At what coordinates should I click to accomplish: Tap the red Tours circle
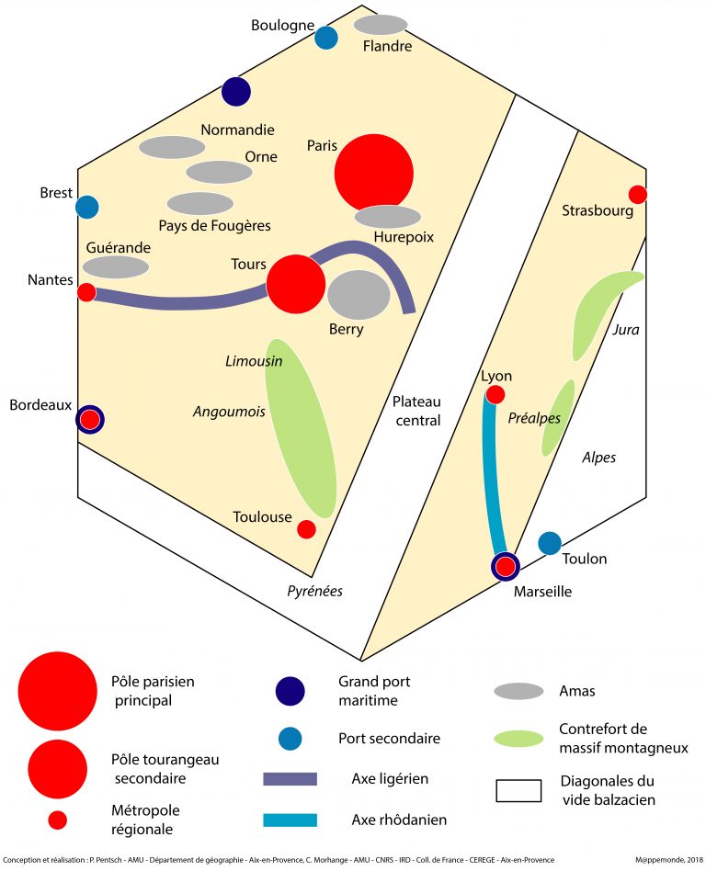coord(295,284)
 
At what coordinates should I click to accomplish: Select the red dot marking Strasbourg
coord(637,194)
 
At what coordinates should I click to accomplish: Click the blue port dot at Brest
coord(87,207)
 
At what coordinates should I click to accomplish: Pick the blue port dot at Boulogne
coord(325,38)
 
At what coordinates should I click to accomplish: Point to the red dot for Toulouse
coord(307,529)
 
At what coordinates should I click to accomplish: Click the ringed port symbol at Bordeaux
coord(89,420)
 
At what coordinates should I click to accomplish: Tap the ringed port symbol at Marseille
coord(506,567)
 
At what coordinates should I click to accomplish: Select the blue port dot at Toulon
coord(550,543)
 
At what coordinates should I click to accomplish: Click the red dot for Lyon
coord(495,395)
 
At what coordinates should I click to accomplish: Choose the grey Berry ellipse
coord(359,295)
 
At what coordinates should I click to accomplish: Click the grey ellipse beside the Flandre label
coord(381,25)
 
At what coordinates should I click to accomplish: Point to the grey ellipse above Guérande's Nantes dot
coord(116,267)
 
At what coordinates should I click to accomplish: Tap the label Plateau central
coord(416,411)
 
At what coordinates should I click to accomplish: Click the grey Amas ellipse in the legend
coord(518,691)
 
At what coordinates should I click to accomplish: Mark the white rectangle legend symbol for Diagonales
coord(518,790)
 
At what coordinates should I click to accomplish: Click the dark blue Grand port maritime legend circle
coord(290,691)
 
